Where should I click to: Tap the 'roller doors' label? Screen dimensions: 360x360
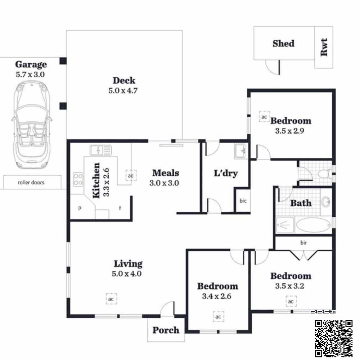point(31,183)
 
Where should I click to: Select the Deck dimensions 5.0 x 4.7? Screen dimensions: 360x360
point(123,90)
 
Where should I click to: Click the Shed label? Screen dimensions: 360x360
point(284,44)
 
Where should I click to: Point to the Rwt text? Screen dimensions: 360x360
point(324,47)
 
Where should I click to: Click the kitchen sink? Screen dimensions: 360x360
point(100,150)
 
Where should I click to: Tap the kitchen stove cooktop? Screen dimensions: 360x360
point(78,179)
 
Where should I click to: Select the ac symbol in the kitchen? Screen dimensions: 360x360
point(131,176)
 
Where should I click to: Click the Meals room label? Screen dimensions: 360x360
point(166,173)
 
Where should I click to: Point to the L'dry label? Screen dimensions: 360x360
point(226,173)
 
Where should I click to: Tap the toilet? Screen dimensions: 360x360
point(325,174)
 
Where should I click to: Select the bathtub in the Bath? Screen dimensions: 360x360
point(314,225)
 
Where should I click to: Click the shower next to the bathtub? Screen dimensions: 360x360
point(285,225)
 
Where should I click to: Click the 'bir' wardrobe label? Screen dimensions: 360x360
point(303,242)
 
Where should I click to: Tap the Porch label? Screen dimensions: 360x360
point(166,330)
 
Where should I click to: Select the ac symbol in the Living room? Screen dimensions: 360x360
point(111,299)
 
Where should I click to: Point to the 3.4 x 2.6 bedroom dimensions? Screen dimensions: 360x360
point(216,296)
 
